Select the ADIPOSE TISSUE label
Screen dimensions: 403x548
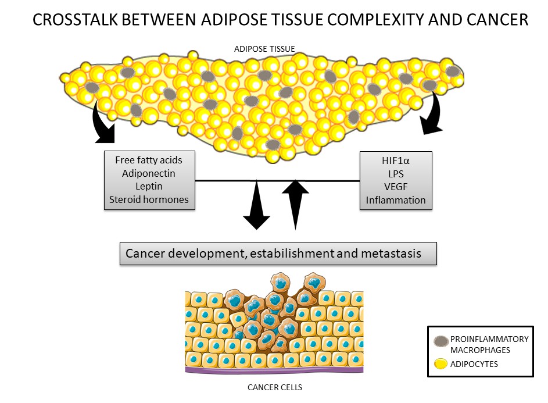pyautogui.click(x=265, y=49)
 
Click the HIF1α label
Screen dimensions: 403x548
pyautogui.click(x=395, y=159)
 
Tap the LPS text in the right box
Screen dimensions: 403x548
pyautogui.click(x=395, y=173)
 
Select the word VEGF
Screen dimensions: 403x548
pyautogui.click(x=395, y=187)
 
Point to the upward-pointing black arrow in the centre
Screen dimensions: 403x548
pyautogui.click(x=296, y=204)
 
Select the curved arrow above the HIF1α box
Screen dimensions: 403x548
pyautogui.click(x=432, y=116)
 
